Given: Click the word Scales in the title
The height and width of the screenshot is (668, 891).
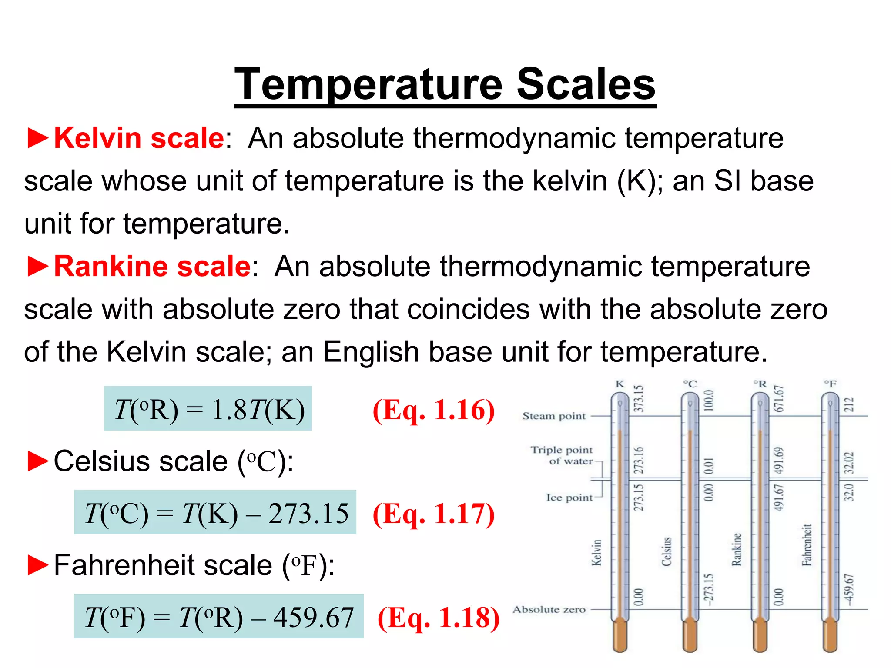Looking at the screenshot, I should [x=586, y=84].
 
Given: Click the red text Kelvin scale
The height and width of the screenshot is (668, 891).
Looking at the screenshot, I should [x=139, y=138].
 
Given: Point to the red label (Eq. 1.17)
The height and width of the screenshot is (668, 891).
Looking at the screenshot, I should [x=434, y=514].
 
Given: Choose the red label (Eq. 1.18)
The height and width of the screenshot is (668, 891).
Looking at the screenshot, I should [x=439, y=618].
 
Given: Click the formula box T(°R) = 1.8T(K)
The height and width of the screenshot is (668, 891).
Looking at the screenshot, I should [x=208, y=409].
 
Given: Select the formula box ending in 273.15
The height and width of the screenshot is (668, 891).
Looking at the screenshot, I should [x=215, y=513].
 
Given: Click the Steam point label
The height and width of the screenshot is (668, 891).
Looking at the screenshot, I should [x=554, y=416].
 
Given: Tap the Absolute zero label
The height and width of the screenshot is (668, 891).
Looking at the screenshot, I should [x=549, y=609].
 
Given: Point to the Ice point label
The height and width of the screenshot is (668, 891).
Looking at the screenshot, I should [x=569, y=498].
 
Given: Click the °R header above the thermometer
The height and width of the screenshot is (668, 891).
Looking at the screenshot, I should [x=760, y=384].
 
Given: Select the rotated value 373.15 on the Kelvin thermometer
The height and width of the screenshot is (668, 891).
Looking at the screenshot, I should [x=638, y=399].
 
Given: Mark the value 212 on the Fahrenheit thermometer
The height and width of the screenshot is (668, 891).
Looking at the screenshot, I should [x=849, y=405].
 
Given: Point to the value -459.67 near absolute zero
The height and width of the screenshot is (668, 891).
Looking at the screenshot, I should [x=849, y=589].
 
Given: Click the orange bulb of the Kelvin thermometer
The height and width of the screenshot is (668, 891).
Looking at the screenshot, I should [x=620, y=636].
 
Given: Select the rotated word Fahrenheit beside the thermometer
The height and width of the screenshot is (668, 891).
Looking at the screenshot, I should [x=807, y=545].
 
